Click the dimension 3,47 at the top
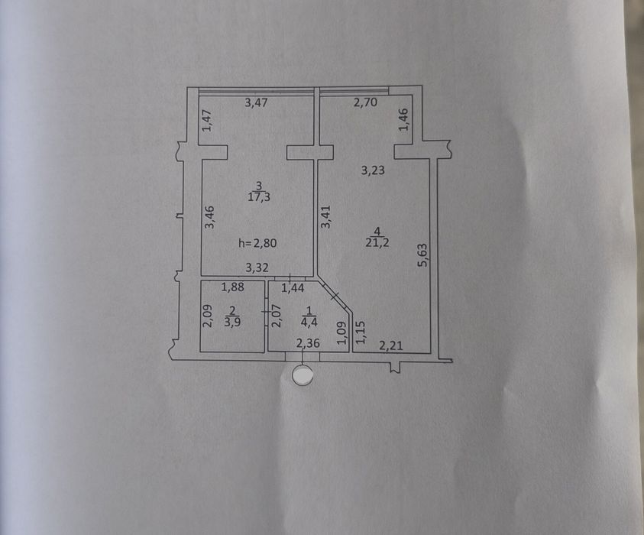[256, 102]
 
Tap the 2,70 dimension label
[365, 102]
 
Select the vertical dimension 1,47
[207, 120]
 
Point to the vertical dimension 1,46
[404, 119]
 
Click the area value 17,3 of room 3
[259, 197]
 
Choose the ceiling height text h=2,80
[257, 243]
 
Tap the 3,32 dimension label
[257, 268]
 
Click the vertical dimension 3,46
[209, 217]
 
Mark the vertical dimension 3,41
[325, 216]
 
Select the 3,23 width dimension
[373, 170]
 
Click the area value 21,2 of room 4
[377, 242]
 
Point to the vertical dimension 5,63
[422, 255]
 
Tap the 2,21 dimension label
[390, 346]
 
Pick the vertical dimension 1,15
[360, 332]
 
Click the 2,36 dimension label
[308, 342]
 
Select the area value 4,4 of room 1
[309, 322]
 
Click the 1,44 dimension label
[293, 288]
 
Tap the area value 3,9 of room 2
[232, 322]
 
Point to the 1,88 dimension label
[233, 287]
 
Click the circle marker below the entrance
[303, 375]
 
